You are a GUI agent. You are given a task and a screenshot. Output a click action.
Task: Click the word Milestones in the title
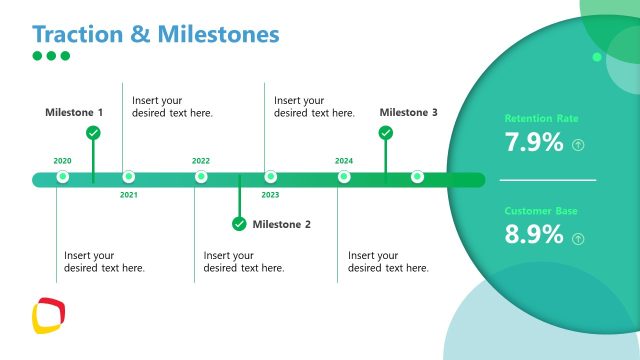(x=215, y=34)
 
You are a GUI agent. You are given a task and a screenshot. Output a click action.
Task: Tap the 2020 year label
(x=62, y=160)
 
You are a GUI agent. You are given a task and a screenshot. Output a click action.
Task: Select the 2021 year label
(x=129, y=195)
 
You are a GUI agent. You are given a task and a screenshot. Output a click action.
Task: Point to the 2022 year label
(x=201, y=160)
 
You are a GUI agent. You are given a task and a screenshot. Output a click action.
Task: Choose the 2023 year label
(x=270, y=195)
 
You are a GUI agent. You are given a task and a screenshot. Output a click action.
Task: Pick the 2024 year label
(x=344, y=160)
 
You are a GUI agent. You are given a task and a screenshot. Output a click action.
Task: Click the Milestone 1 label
(x=74, y=113)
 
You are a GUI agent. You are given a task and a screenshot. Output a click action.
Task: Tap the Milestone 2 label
(x=281, y=224)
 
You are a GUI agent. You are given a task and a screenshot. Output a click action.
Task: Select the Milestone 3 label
(x=408, y=113)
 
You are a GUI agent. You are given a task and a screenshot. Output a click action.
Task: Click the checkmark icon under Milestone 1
(x=93, y=132)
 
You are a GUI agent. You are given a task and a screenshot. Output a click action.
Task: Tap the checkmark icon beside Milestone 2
(x=239, y=223)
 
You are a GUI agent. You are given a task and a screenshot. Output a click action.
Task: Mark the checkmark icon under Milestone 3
(x=386, y=132)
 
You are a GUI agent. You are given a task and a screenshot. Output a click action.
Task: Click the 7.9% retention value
(x=534, y=143)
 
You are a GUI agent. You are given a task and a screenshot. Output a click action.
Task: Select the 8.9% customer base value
(x=534, y=236)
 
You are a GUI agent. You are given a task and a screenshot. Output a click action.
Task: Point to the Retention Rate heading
(x=541, y=118)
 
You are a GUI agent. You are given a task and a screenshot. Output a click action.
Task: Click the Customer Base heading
(x=541, y=211)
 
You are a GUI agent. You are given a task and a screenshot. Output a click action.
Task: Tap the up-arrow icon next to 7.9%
(x=578, y=145)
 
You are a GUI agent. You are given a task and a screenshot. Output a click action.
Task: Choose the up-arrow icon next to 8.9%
(x=578, y=238)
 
